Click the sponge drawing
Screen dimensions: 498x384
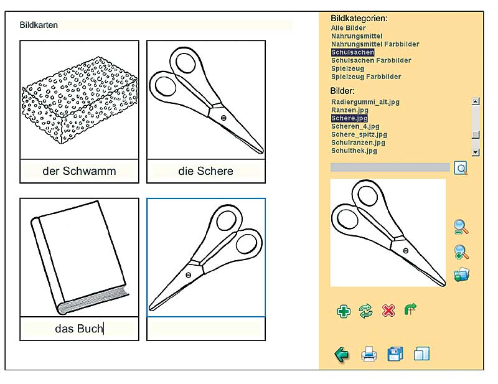(80, 100)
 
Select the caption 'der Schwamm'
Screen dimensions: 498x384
(80, 171)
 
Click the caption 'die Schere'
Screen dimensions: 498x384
(206, 171)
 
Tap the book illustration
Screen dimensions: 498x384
(80, 257)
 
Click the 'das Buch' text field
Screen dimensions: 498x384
(80, 329)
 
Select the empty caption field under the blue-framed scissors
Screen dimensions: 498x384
(206, 329)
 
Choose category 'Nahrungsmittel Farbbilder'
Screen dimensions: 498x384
(375, 44)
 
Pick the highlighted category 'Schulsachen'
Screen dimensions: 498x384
(352, 52)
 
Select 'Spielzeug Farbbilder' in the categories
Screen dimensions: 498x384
(366, 77)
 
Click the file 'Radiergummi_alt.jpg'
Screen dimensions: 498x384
(365, 102)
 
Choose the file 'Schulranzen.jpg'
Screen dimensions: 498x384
(358, 143)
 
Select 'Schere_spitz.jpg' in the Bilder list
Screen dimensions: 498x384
(359, 134)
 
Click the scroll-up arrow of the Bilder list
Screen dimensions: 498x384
(475, 101)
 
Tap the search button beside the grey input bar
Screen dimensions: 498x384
(461, 168)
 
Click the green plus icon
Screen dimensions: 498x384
(344, 311)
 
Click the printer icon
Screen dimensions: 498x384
(369, 354)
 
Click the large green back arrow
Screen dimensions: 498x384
(341, 355)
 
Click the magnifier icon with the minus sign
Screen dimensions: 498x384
(461, 227)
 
